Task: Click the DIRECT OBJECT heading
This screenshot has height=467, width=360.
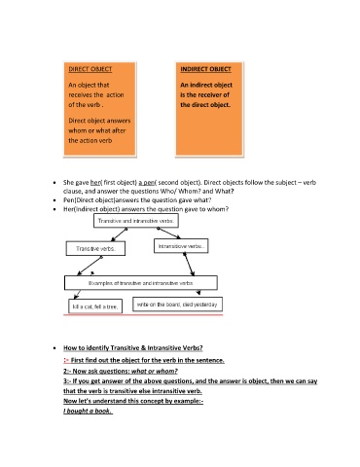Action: [90, 68]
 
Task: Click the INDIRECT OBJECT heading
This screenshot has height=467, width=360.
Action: [207, 68]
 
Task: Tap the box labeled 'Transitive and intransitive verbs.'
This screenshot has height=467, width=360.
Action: [140, 223]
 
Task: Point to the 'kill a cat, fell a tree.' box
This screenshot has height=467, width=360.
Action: [93, 306]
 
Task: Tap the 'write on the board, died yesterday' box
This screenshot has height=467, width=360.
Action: [180, 305]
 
